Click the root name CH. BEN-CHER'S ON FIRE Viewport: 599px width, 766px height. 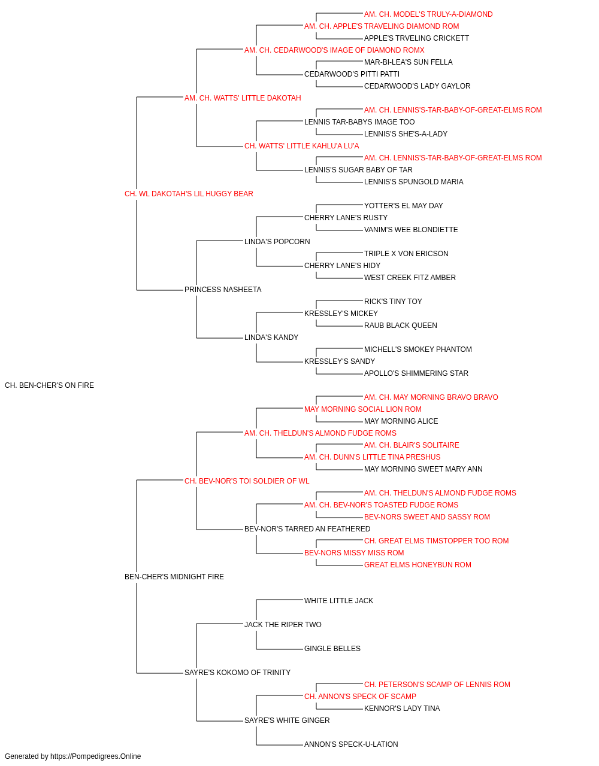point(49,385)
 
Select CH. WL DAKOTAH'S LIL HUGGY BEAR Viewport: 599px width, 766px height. point(189,194)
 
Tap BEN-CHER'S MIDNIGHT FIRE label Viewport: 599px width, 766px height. point(174,577)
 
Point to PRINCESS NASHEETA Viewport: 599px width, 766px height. point(223,290)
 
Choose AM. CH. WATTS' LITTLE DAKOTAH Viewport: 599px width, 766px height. point(243,98)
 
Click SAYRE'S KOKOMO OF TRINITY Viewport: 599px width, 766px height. point(237,672)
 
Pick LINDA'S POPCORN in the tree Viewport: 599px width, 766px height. point(277,241)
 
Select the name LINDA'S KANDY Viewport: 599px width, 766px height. point(271,338)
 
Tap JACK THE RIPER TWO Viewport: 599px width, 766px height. point(283,624)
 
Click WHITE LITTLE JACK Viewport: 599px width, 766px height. point(338,600)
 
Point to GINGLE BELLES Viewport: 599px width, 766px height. point(332,648)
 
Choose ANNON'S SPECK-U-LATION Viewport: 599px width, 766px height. point(351,744)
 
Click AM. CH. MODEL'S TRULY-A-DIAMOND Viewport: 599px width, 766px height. point(428,14)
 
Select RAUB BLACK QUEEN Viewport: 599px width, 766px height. point(400,326)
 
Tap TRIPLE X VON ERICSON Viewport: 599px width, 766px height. point(406,254)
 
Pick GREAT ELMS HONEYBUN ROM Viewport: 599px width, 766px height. point(418,565)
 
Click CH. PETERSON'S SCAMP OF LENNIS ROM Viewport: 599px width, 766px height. point(437,684)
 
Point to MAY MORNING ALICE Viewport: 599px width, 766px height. point(401,421)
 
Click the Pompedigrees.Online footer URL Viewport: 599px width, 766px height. point(96,756)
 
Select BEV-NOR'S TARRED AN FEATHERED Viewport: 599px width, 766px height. point(307,529)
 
